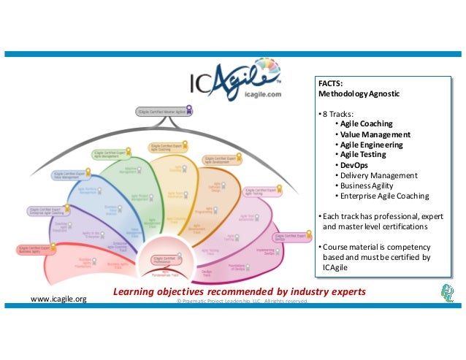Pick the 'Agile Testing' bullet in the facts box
tap(362, 155)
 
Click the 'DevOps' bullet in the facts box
tap(353, 165)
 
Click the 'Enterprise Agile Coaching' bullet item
tap(383, 196)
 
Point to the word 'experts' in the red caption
tap(344, 293)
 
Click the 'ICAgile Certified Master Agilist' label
tap(161, 111)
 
